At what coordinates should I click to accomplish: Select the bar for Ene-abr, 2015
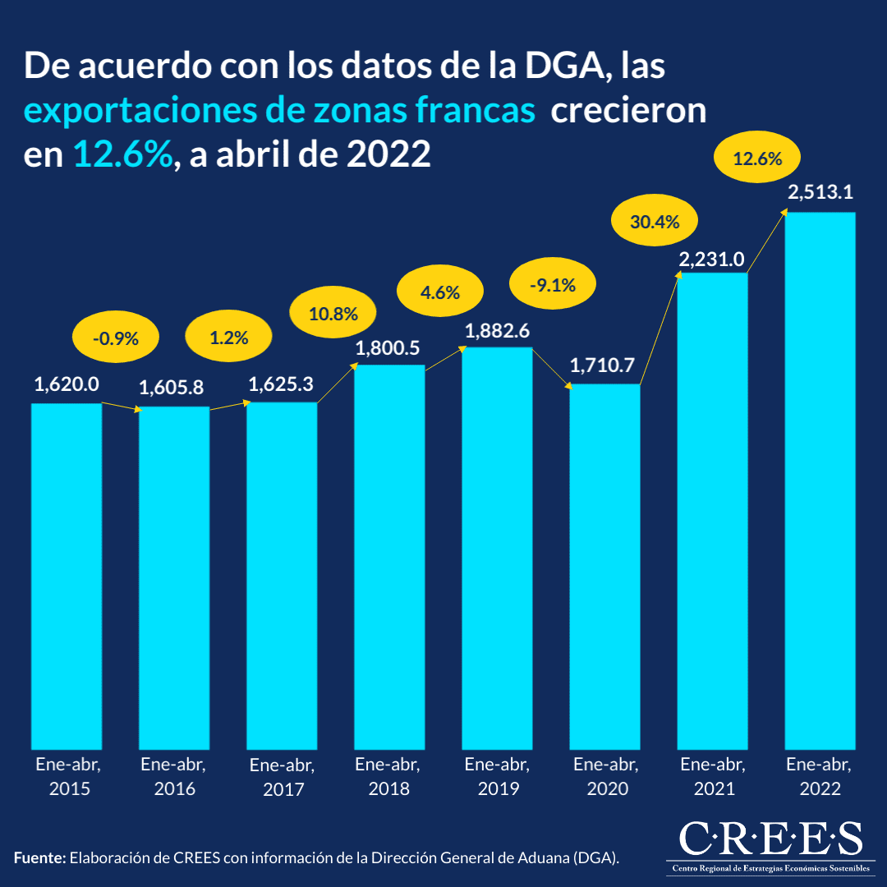click(67, 575)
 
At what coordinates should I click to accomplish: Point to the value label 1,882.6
click(498, 332)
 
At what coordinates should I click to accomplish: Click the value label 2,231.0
click(711, 260)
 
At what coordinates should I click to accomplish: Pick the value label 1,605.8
click(173, 388)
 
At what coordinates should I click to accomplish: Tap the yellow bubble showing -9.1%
click(553, 287)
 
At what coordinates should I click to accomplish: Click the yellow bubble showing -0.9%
click(117, 338)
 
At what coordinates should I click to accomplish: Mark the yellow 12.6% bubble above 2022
click(756, 159)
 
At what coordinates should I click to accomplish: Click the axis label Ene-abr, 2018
click(388, 776)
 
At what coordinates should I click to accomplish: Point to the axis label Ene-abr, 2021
click(712, 776)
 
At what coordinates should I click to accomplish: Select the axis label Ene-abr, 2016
click(173, 776)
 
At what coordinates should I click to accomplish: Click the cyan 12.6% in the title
click(123, 154)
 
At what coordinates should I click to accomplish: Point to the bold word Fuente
click(39, 858)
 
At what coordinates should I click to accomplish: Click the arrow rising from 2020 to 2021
click(660, 329)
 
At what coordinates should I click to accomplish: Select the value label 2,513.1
click(820, 194)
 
